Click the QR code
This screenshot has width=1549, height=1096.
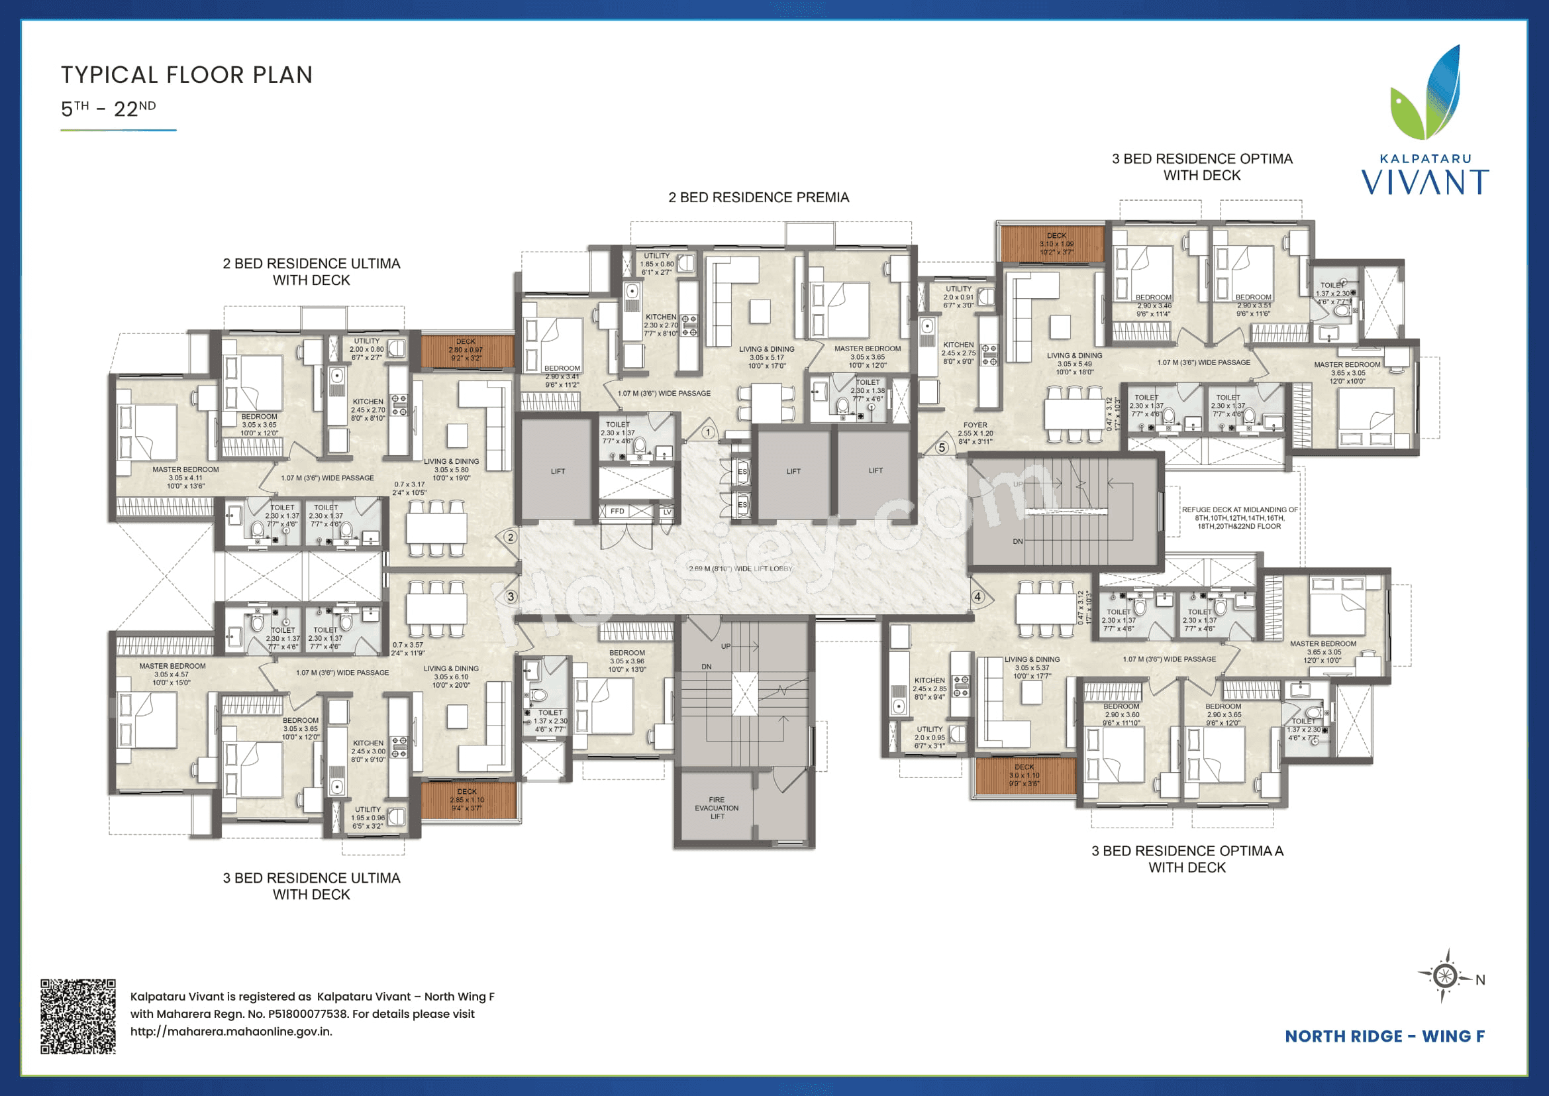77,1016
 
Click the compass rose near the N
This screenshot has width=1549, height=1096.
1444,976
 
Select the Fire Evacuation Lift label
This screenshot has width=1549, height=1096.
717,808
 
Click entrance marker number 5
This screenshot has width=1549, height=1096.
942,447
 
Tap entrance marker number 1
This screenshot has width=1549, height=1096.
708,432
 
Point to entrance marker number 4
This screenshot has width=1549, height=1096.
977,596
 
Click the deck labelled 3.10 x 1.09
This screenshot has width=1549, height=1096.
1056,244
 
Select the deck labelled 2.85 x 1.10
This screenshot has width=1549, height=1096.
467,800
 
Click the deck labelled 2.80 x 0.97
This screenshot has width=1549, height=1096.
466,350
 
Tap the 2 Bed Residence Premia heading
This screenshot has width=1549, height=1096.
758,197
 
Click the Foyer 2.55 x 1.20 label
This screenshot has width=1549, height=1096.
975,433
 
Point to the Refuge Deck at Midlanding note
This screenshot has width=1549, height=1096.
1239,518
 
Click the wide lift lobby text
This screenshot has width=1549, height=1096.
740,569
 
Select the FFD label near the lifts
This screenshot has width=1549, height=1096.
617,512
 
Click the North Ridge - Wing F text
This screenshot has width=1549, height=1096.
1384,1036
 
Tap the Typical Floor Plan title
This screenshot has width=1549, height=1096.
187,75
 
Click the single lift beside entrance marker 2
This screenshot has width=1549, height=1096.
557,471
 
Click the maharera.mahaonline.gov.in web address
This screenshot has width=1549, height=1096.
230,1031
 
